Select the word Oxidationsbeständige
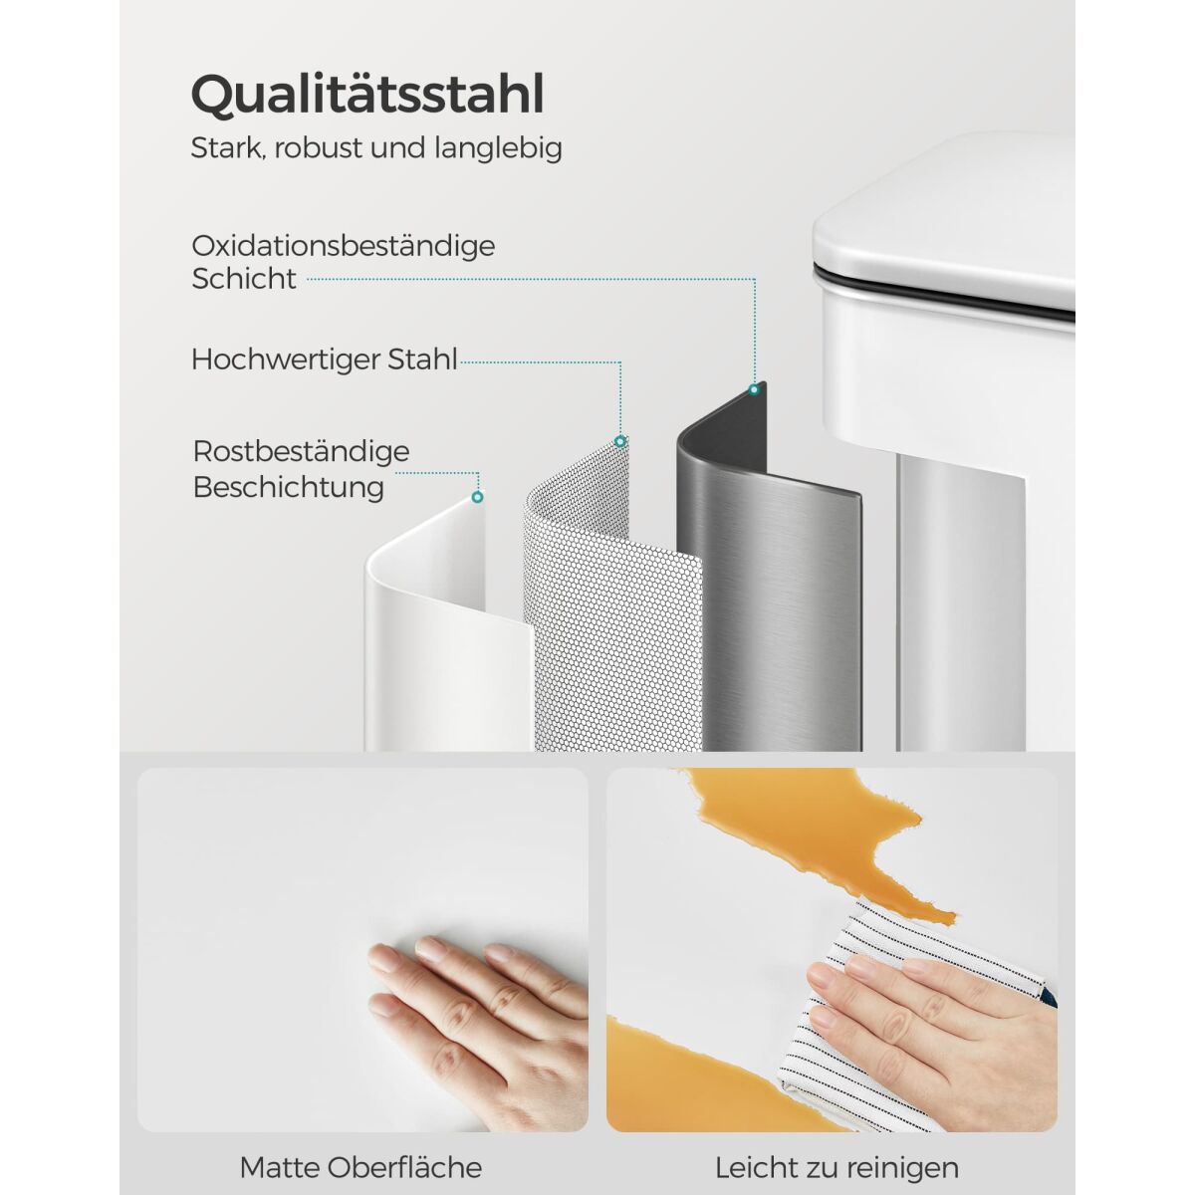pos(343,246)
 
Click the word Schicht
pos(244,279)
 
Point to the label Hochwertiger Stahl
pos(325,359)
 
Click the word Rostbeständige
pos(302,452)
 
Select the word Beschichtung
pos(289,487)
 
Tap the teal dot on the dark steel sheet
pos(754,389)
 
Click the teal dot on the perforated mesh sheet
pos(619,441)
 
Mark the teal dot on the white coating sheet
pos(477,497)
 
